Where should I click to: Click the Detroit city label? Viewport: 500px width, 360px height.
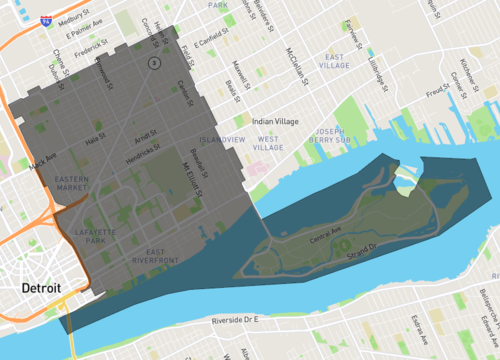[x=40, y=288]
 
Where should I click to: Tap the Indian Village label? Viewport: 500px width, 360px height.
[x=275, y=121]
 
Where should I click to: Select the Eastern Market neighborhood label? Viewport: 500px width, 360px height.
[x=73, y=182]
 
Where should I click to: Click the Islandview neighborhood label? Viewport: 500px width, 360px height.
[x=221, y=139]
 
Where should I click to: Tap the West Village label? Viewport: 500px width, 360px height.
[x=268, y=143]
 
